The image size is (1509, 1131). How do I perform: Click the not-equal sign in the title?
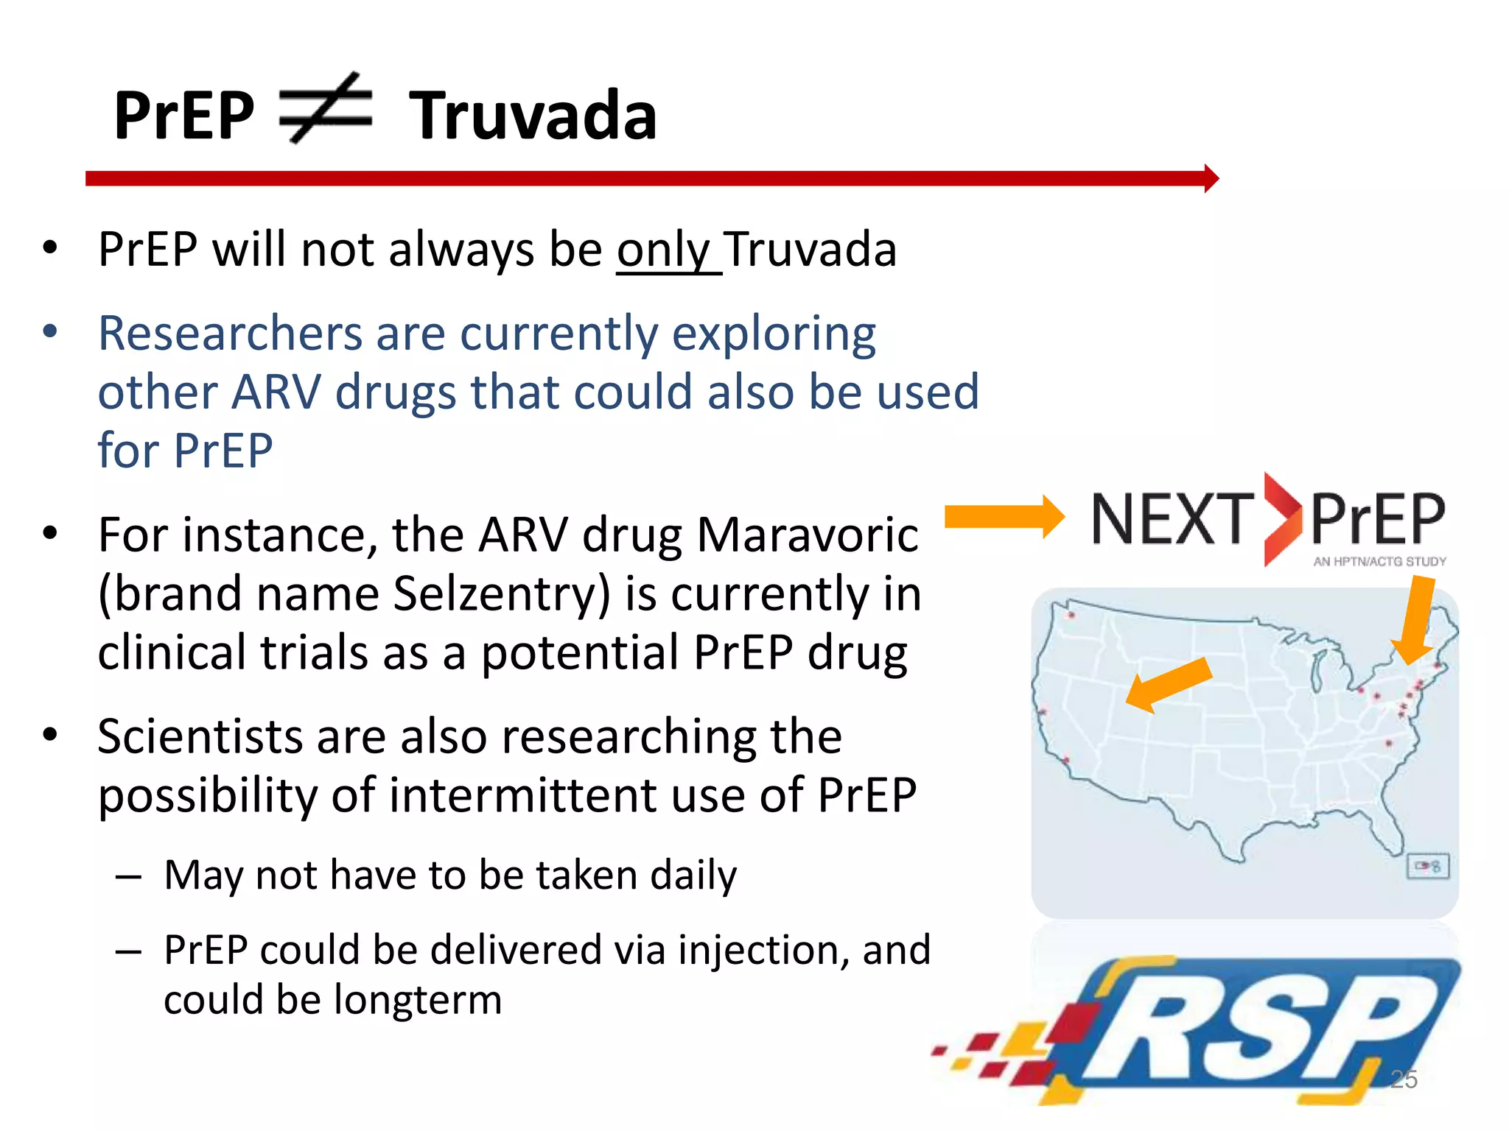[x=325, y=109]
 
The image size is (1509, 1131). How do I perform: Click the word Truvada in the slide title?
[x=533, y=116]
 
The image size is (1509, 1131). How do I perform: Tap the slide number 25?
[x=1404, y=1079]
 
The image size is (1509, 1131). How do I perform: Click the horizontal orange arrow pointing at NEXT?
[x=1004, y=517]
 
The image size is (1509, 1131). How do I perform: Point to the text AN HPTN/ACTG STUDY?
[x=1379, y=562]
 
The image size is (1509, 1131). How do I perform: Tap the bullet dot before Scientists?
[x=49, y=735]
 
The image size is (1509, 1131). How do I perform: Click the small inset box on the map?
[x=1428, y=866]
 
